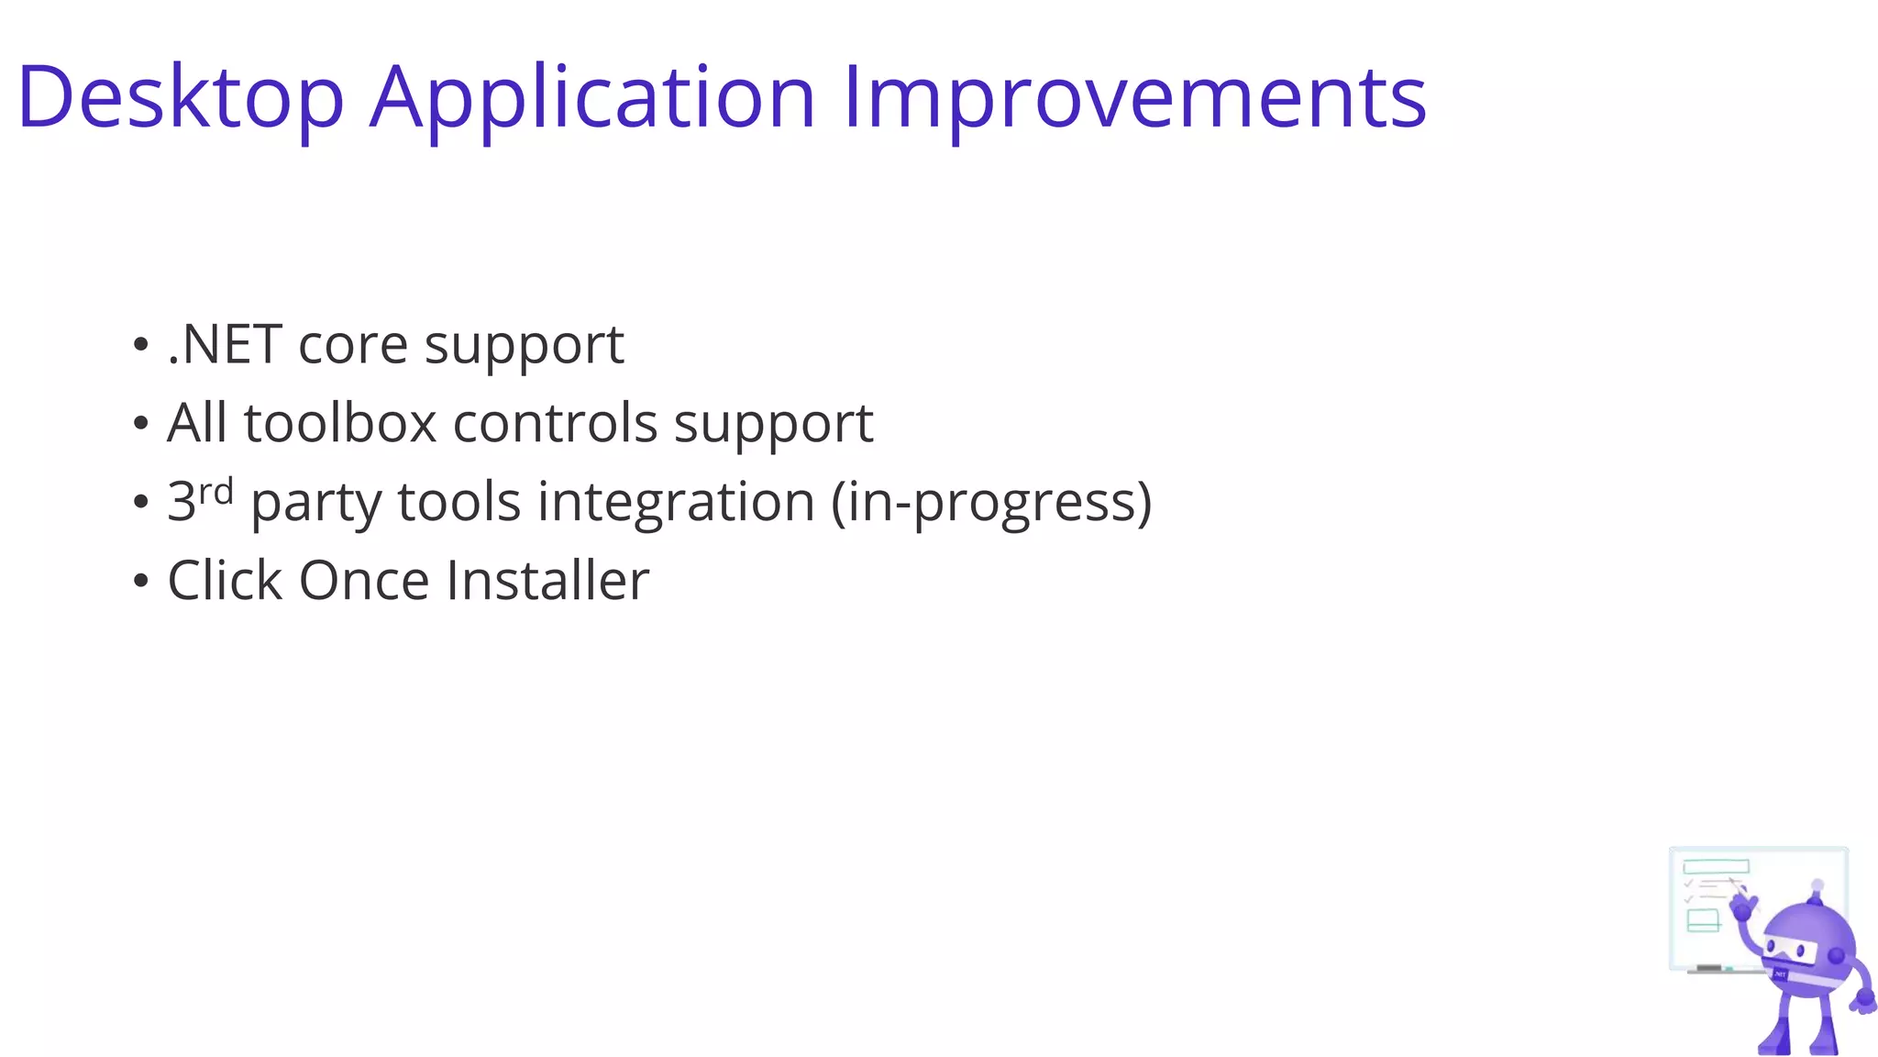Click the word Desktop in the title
[x=181, y=97]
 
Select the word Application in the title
[x=592, y=97]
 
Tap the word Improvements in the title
[x=1133, y=97]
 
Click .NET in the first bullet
[x=224, y=345]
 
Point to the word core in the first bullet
[x=353, y=347]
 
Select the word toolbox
[x=340, y=424]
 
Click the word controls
[x=555, y=424]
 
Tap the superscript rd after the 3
[x=216, y=493]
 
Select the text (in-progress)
[x=991, y=503]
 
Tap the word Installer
[x=547, y=581]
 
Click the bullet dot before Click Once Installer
[x=140, y=581]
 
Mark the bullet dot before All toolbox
[x=140, y=424]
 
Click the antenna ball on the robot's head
[x=1817, y=885]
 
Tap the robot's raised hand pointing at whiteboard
[x=1744, y=907]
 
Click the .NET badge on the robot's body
[x=1781, y=974]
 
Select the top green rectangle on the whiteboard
[x=1716, y=866]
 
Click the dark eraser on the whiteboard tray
[x=1708, y=968]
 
